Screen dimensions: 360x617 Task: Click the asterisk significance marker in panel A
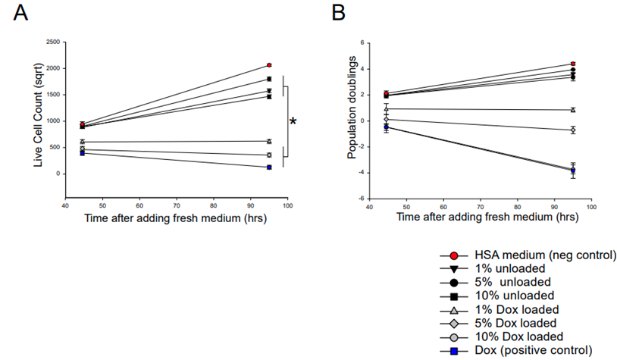pos(293,122)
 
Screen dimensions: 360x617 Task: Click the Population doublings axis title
pos(352,121)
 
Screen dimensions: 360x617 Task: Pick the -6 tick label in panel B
pos(362,199)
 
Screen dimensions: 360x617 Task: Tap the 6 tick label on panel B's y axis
pos(363,42)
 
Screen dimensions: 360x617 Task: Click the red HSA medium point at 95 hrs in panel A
pos(269,65)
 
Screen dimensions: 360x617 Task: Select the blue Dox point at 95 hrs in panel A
pos(269,167)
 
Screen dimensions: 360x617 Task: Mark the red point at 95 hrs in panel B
pos(573,64)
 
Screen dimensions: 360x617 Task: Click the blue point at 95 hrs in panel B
pos(573,171)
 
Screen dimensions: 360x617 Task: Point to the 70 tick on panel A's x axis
pos(177,205)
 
